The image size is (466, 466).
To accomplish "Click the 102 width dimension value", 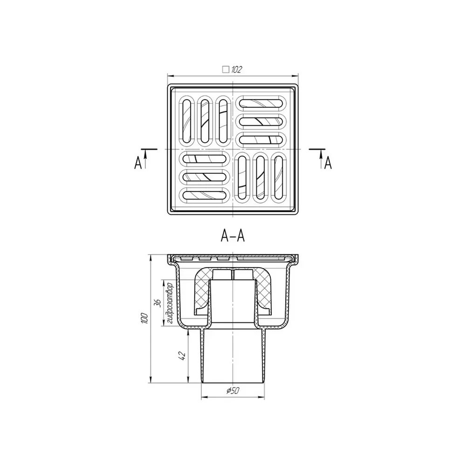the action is coord(237,70).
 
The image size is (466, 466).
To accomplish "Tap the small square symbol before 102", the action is coord(226,70).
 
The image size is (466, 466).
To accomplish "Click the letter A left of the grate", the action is coord(137,163).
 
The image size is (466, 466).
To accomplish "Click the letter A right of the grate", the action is coord(328,163).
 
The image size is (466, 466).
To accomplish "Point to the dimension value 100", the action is coord(145,318).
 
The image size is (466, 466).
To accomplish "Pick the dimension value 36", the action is coord(158,303).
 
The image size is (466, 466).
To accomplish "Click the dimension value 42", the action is coord(183,356).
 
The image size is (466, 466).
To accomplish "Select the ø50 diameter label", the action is coord(233,391).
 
